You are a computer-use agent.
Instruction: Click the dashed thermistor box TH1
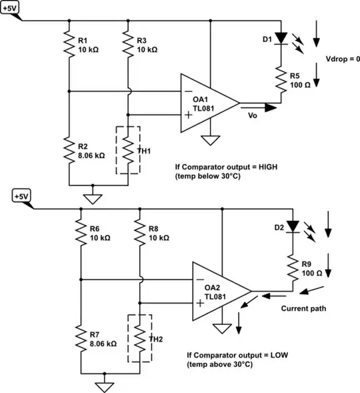coord(128,150)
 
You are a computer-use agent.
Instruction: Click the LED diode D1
coord(281,37)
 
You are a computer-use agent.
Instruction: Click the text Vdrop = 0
coord(341,59)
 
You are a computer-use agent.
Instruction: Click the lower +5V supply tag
coord(21,196)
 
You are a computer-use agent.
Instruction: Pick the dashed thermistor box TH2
coord(139,338)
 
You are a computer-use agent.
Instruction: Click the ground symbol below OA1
coord(211,141)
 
